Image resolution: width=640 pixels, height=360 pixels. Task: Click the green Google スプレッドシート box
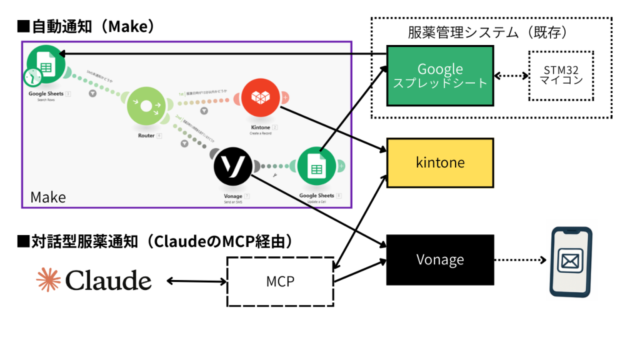coord(440,75)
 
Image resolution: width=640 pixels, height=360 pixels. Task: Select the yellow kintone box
coord(440,162)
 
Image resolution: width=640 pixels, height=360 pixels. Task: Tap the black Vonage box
coord(440,260)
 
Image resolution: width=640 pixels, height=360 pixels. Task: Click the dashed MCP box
coord(279,282)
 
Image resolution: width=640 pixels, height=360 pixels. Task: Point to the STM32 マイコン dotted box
coord(561,75)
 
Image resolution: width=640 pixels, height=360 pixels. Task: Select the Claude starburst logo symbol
coord(49,280)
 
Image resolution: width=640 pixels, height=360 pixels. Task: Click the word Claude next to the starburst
coord(108,281)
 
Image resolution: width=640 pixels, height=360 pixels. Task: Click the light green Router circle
coord(146,107)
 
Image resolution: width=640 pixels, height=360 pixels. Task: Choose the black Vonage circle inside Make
coord(232,166)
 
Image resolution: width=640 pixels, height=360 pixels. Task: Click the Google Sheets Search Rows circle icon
coord(46,64)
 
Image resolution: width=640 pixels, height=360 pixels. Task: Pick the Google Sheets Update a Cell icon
coord(317,166)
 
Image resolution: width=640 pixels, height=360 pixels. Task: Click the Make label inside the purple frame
coord(48,197)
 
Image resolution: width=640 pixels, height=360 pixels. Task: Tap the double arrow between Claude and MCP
coord(197,282)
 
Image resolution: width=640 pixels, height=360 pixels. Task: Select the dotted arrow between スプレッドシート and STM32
coord(511,76)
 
